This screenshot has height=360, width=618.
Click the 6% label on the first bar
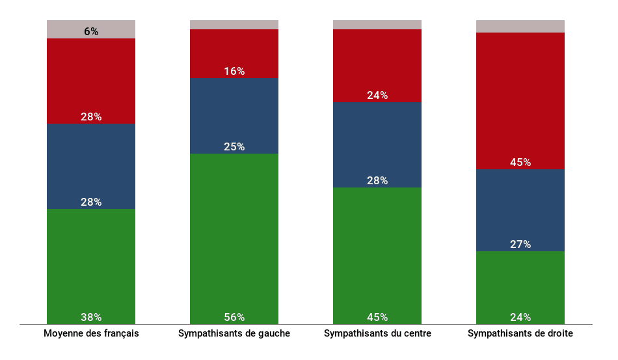pos(91,31)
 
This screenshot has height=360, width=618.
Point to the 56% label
pos(234,318)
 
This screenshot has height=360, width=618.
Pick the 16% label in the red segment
pos(234,72)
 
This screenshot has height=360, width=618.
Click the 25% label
pos(234,147)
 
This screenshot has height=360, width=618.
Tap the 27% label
pos(520,245)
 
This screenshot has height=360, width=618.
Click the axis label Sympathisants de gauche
pos(234,334)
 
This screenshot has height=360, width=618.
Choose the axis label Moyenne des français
pos(91,334)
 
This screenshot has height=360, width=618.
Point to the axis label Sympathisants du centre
pos(377,334)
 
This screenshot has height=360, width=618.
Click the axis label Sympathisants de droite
pos(520,334)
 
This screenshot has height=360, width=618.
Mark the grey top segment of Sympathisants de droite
pos(520,26)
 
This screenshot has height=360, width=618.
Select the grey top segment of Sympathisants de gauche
pos(234,25)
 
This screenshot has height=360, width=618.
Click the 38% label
pos(91,318)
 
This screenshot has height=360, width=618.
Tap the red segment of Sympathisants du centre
pos(377,62)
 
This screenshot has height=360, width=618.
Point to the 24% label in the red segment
pos(377,96)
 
